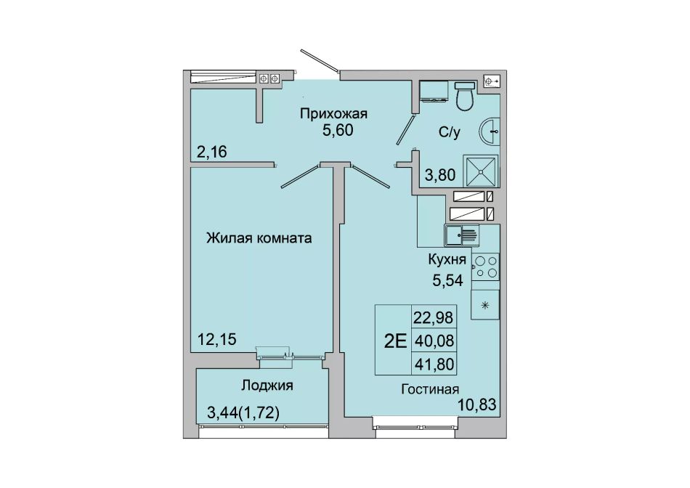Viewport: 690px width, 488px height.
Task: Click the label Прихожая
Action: coord(333,114)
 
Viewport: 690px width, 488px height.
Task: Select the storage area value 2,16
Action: coord(211,152)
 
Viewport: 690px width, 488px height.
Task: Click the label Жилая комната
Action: coord(259,238)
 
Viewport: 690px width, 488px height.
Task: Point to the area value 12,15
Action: coord(217,339)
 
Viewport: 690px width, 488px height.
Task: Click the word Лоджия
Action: coord(267,386)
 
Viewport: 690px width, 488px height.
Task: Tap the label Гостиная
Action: coord(430,389)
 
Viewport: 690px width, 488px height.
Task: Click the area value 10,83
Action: coord(478,404)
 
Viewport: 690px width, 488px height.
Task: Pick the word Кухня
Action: coord(447,260)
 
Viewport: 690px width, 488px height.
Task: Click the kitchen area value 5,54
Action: coord(447,280)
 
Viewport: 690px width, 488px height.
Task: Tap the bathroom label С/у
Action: coord(450,132)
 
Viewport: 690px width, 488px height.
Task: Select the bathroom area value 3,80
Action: coord(440,175)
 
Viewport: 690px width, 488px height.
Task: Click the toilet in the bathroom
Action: coord(464,95)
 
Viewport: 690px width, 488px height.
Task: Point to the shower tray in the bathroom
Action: coord(481,171)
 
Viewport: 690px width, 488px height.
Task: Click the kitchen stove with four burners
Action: coord(485,267)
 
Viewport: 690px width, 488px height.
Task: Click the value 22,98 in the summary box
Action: coord(434,317)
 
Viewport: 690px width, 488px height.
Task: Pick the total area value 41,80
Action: coord(434,365)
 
